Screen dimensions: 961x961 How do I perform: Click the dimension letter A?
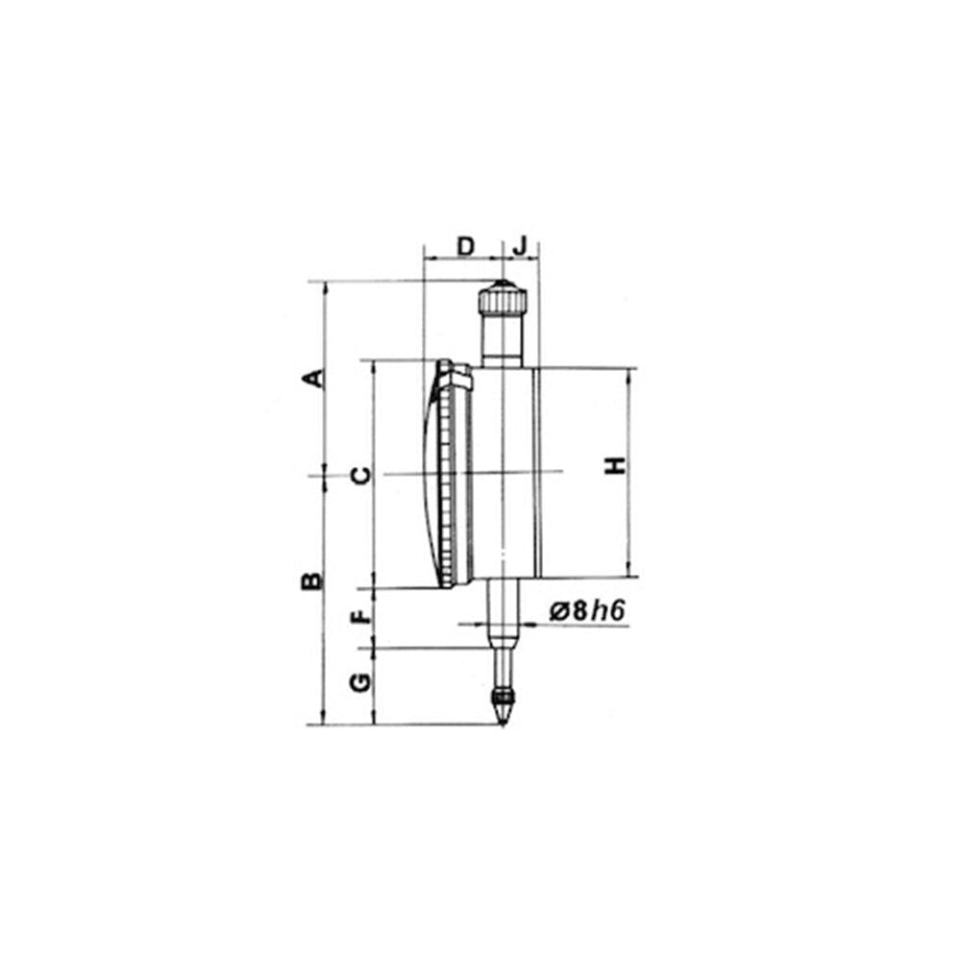click(312, 378)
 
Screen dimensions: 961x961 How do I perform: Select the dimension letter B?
click(312, 580)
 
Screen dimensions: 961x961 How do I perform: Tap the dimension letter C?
click(358, 475)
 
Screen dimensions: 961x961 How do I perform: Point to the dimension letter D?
click(464, 245)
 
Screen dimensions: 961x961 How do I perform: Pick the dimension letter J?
click(520, 245)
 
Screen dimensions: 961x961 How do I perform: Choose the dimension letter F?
click(359, 616)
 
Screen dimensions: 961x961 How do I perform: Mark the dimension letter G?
click(359, 683)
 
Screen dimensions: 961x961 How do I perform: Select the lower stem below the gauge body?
click(501, 615)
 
